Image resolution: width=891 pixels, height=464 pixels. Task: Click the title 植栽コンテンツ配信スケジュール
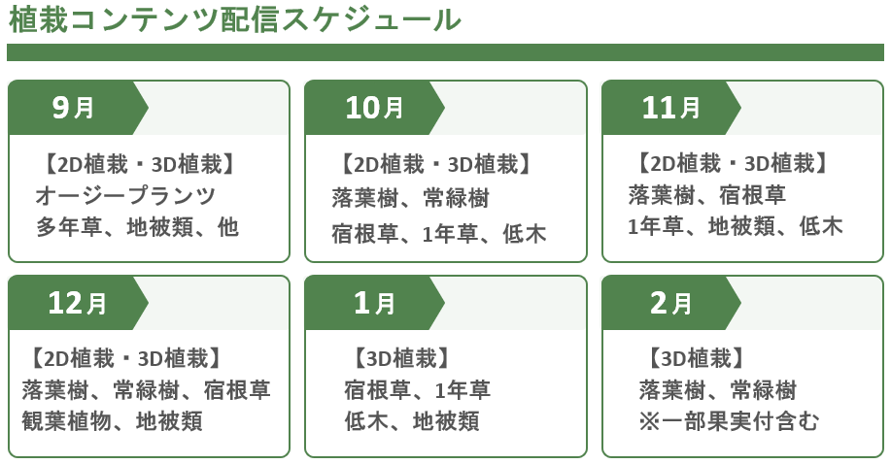coord(235,19)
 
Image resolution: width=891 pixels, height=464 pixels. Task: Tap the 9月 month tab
coord(78,108)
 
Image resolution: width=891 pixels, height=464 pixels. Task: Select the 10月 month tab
coord(374,108)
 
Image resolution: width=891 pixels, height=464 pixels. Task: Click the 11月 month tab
coord(671,108)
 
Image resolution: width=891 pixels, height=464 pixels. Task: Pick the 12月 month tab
coord(78,303)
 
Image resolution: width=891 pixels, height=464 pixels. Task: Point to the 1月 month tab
coord(374,303)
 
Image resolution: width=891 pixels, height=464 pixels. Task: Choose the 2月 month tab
coord(671,303)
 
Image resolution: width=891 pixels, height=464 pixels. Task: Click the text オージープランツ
coord(125,196)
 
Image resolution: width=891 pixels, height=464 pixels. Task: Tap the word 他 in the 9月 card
coord(228,226)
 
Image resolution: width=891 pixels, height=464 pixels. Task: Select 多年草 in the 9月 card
coord(69,226)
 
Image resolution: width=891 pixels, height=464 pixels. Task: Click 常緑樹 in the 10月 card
coord(457,198)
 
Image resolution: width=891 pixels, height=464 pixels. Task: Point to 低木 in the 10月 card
coord(525,233)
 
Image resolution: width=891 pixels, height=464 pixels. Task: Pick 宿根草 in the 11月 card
coord(753,195)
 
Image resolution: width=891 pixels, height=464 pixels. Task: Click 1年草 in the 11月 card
coord(656,226)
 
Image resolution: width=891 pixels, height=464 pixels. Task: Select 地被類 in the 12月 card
coord(169,421)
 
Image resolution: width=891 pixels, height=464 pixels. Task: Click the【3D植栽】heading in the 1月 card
coord(402,358)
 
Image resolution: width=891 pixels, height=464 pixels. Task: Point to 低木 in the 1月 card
coord(366,421)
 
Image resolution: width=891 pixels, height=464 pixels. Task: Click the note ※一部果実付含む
coord(729,421)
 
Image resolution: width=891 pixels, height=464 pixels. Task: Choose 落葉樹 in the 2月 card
coord(672,390)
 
